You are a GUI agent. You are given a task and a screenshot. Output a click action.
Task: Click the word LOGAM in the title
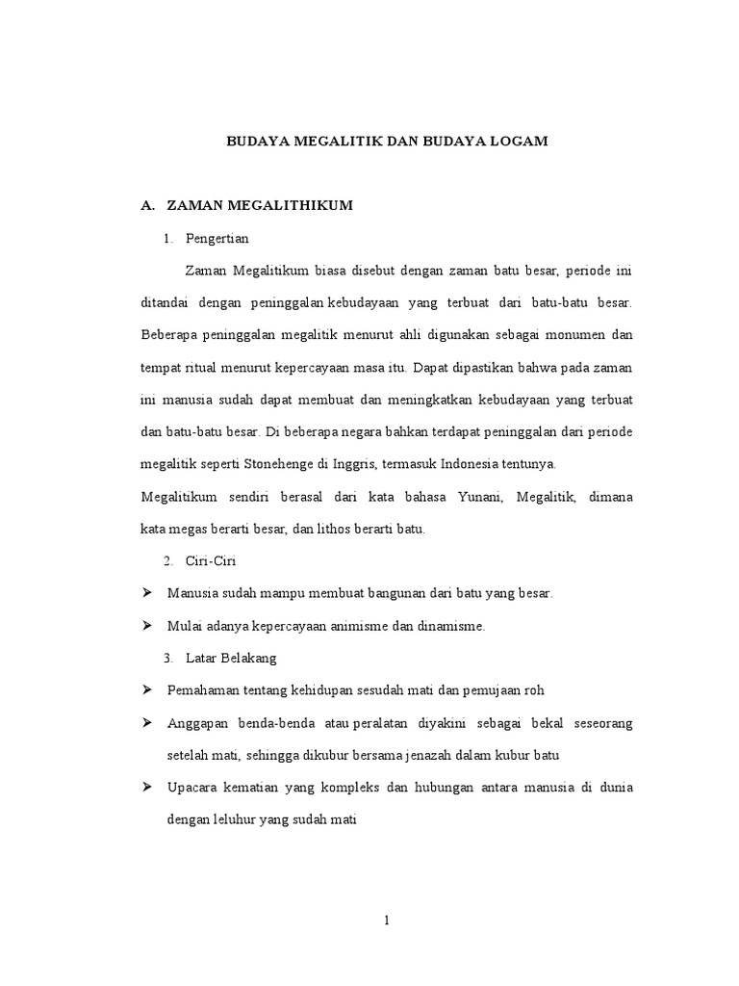(522, 142)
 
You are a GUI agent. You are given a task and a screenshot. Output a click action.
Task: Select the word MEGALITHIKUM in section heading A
(291, 205)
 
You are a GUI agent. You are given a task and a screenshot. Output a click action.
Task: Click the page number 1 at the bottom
(386, 921)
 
